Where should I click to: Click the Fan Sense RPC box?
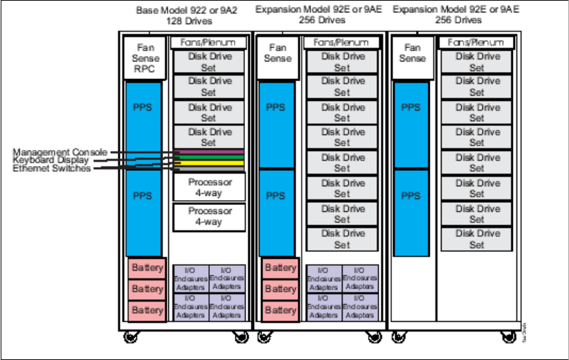[143, 58]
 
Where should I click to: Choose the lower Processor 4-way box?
[208, 217]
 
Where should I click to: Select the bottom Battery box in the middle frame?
[280, 310]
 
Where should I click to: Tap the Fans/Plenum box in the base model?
[208, 42]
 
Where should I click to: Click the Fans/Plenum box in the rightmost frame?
[476, 42]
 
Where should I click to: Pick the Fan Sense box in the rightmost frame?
[413, 53]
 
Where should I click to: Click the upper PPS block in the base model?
[143, 108]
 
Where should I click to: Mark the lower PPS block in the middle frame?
[276, 196]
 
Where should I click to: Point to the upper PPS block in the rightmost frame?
[411, 108]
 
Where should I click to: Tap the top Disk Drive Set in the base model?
[208, 62]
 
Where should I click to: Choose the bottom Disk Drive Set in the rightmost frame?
[476, 240]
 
